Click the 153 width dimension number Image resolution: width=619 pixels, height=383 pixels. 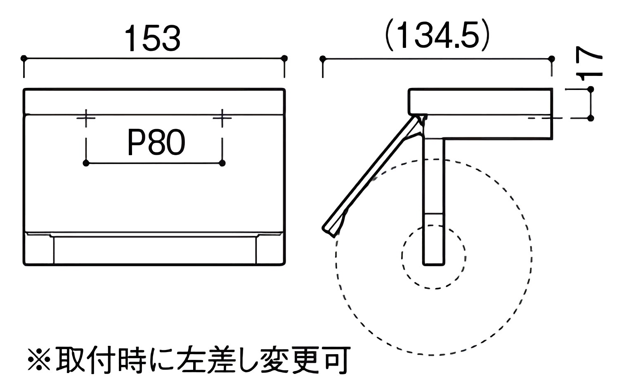153,38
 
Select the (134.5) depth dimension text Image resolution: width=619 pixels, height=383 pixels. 437,35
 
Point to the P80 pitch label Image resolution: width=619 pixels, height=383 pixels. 156,142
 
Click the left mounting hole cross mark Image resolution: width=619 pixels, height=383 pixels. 86,118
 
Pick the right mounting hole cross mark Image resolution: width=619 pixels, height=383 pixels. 222,118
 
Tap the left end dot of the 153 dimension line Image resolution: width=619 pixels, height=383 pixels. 24,58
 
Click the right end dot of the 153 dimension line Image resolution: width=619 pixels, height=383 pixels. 284,58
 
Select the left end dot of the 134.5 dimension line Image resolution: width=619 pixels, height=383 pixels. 322,59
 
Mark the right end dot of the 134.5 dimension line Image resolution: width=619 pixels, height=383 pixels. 552,59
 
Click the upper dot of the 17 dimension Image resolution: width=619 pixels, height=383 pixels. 591,89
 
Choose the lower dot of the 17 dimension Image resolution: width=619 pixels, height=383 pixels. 591,118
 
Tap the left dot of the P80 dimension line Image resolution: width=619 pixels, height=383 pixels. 86,163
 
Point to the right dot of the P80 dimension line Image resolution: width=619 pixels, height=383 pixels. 222,163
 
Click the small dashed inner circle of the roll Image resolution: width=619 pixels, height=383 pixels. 402,257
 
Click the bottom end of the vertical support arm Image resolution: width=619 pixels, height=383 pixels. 434,265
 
